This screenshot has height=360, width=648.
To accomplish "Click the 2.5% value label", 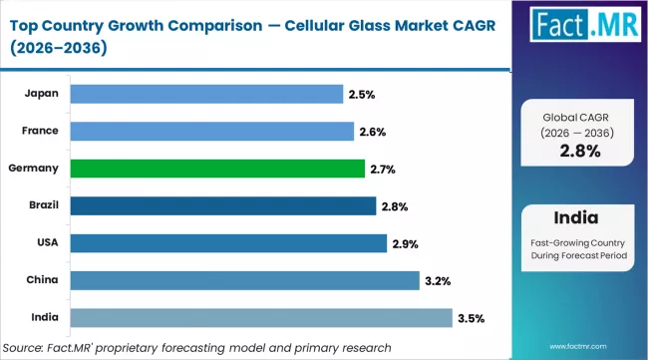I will click(x=361, y=95).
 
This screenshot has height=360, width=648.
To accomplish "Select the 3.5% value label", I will click(x=471, y=319).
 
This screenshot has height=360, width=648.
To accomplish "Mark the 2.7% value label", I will click(x=383, y=170).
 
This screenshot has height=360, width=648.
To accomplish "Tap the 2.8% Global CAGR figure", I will click(x=579, y=152).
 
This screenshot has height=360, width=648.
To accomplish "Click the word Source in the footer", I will click(x=29, y=346).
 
